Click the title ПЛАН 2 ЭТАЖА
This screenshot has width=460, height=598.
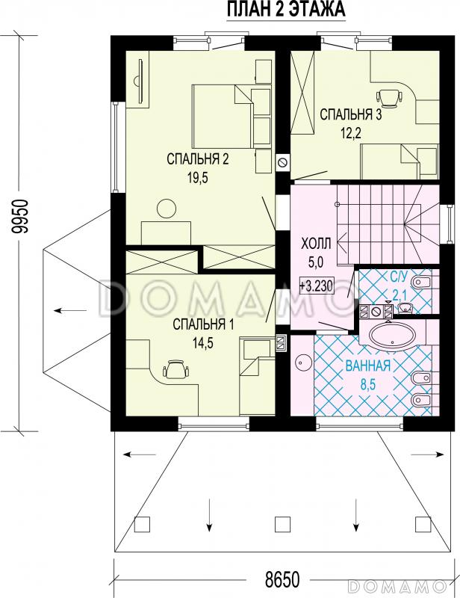tap(286, 9)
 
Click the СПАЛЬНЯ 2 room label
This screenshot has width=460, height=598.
tap(197, 159)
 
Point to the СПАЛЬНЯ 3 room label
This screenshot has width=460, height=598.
tap(350, 114)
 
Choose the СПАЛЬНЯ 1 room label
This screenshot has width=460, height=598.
tap(203, 324)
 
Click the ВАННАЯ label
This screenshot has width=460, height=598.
tap(367, 366)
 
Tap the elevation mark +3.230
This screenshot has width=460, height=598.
tap(317, 286)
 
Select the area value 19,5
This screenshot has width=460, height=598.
tap(197, 178)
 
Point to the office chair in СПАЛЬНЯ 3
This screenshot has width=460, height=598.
tap(389, 97)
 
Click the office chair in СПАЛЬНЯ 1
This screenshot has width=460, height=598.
tap(175, 369)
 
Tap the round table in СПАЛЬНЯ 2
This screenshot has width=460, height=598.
tap(167, 209)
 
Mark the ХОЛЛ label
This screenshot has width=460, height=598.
tap(317, 244)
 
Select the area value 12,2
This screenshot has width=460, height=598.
tap(350, 134)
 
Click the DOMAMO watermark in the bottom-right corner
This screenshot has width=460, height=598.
tap(397, 585)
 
